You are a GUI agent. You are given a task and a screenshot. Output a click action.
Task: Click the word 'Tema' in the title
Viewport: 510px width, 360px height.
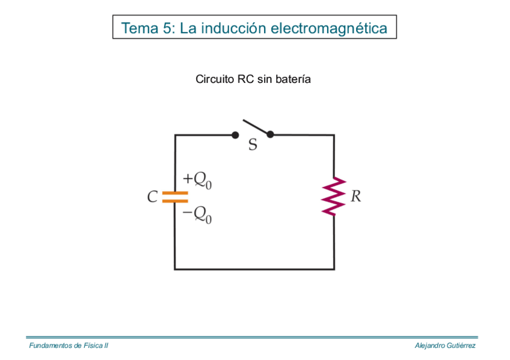point(139,28)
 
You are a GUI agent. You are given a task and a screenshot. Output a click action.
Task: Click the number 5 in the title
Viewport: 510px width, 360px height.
point(167,28)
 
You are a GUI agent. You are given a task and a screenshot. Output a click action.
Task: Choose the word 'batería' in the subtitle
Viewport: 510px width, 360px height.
point(293,79)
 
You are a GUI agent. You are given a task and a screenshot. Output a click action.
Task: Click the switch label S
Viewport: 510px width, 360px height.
point(253,145)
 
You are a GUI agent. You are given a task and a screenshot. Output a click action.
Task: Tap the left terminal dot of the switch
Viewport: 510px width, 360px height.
point(235,135)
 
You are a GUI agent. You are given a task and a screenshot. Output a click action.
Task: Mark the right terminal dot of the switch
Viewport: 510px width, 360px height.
point(270,135)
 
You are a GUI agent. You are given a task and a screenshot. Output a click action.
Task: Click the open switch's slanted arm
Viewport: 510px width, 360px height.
point(255,126)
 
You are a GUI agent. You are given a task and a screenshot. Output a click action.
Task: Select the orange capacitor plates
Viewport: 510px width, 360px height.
point(175,197)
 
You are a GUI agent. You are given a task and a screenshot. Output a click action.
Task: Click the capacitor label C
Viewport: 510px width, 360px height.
point(152,197)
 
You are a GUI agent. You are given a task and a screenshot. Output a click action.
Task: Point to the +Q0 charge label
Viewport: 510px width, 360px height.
point(197,180)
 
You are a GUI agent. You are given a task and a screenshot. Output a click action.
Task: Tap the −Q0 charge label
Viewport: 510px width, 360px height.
point(197,215)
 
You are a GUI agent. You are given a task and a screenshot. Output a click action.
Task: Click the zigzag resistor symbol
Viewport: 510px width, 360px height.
point(334,197)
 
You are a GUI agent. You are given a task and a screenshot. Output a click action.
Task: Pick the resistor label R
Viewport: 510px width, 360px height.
point(355,197)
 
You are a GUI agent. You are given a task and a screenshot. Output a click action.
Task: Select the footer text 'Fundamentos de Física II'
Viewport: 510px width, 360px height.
point(69,346)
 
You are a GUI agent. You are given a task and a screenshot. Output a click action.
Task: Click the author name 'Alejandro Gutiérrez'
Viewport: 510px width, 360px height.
point(445,346)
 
